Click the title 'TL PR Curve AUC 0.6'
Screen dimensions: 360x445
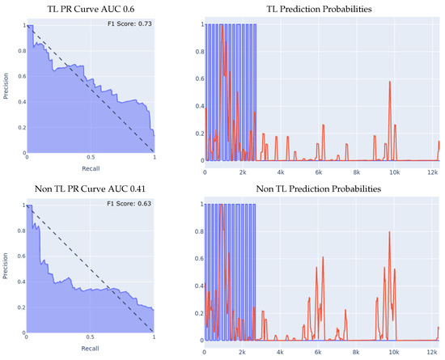[90, 9]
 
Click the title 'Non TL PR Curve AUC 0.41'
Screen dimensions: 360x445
[90, 190]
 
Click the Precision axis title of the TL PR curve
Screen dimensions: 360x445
[7, 87]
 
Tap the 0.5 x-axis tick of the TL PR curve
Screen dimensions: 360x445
[91, 159]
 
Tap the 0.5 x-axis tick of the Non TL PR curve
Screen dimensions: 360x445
[91, 340]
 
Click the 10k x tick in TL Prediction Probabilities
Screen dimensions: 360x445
[395, 172]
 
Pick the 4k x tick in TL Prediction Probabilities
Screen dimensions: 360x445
[280, 172]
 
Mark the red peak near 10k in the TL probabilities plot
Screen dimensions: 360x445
[390, 82]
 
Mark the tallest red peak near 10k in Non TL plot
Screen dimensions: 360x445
[390, 232]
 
